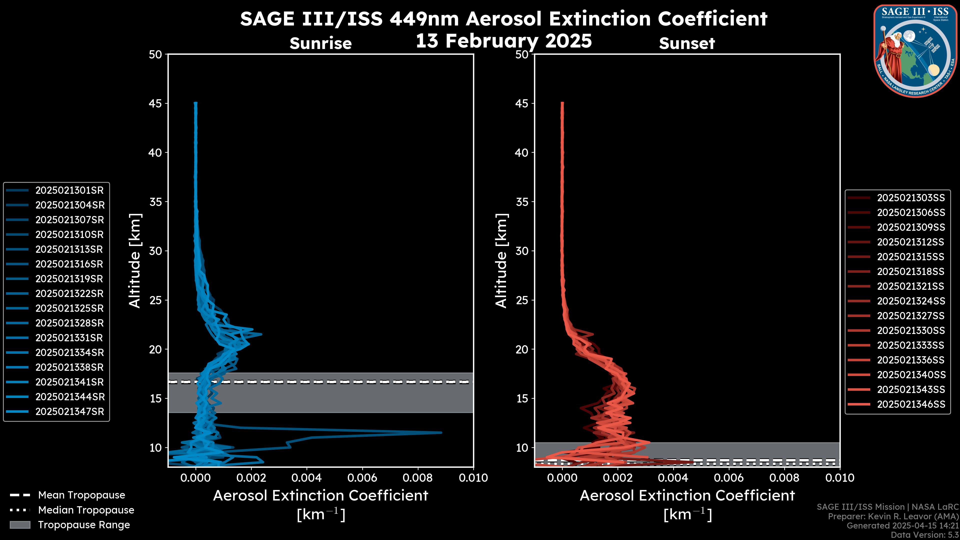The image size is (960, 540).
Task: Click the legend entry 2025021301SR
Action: tap(69, 190)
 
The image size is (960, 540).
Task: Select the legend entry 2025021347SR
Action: tap(69, 412)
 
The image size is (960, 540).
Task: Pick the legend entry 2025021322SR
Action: tap(69, 294)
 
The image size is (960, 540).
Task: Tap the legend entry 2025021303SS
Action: tap(911, 198)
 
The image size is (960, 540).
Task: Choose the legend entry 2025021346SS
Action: tap(911, 404)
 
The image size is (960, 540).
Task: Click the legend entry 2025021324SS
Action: tap(911, 301)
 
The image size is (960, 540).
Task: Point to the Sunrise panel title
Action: tap(320, 43)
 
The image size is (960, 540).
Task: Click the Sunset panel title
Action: tap(687, 43)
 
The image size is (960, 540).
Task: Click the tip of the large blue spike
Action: tap(441, 433)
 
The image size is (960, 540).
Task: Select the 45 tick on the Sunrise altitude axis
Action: tap(156, 103)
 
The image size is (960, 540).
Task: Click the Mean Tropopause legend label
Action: tap(81, 495)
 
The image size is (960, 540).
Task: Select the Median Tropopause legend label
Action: tap(86, 510)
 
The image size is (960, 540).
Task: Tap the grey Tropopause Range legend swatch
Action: tap(20, 525)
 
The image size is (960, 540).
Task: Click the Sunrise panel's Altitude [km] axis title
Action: tap(134, 261)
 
